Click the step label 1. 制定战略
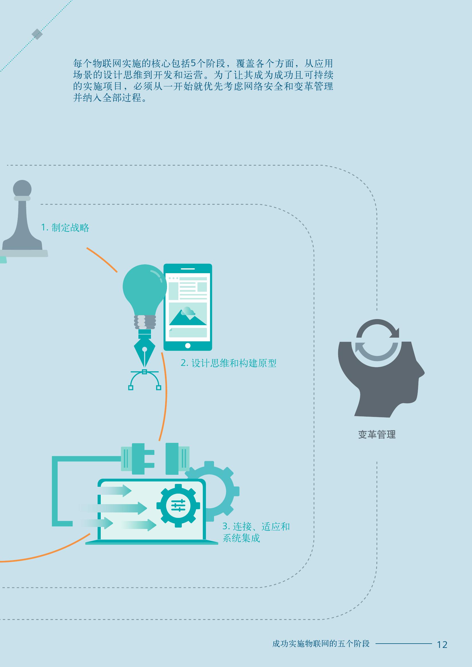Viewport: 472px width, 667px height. pos(65,228)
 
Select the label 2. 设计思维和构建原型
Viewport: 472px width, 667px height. pos(229,363)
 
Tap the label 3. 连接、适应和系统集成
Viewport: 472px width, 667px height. pos(256,532)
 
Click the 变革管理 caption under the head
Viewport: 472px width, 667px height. pos(377,435)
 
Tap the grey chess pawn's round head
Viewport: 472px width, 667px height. pos(22,188)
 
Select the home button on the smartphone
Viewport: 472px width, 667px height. pos(188,345)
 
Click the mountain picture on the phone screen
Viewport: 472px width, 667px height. pos(188,315)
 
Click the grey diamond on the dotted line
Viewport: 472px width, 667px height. pos(37,34)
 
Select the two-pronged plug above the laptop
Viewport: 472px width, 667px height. pos(138,459)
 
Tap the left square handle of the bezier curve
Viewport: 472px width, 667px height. pos(131,388)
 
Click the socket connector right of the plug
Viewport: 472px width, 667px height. pos(177,459)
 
